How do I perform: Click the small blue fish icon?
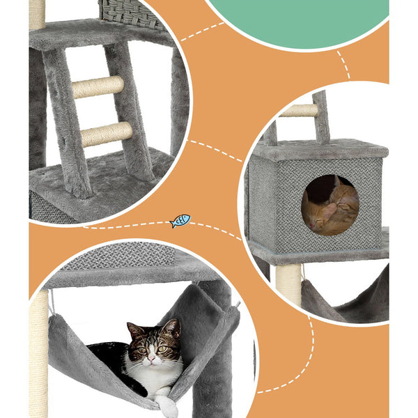[180, 221]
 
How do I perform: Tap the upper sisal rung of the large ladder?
[98, 86]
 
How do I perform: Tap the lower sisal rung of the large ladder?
[106, 134]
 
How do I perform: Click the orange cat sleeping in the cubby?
[332, 206]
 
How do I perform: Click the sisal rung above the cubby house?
[300, 110]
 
